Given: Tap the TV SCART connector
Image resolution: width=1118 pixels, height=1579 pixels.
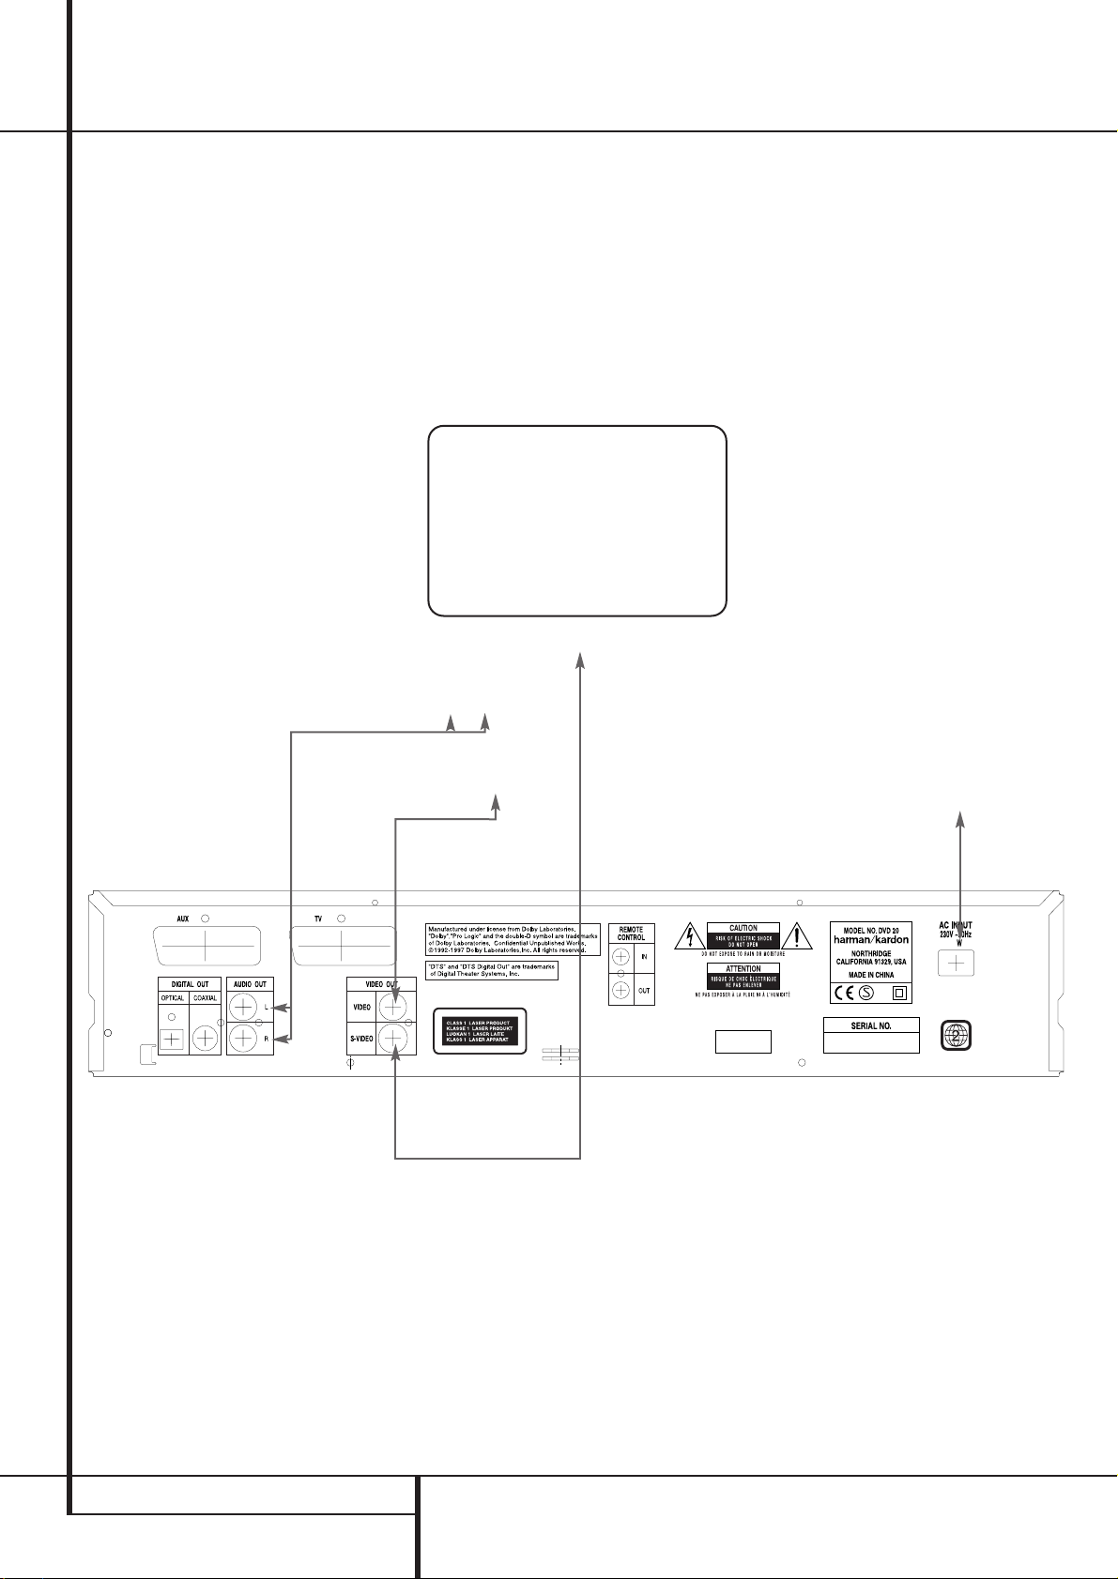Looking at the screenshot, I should click(x=342, y=948).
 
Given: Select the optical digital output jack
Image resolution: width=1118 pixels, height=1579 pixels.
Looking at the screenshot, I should click(x=172, y=1039).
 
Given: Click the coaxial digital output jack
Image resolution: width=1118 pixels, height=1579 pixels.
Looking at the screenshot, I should click(x=205, y=1039).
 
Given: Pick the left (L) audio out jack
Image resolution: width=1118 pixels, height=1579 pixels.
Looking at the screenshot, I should click(x=243, y=1008).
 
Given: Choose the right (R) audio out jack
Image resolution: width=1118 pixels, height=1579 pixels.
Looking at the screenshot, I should click(x=243, y=1038).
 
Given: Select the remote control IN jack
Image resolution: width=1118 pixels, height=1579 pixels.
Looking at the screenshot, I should click(x=620, y=956).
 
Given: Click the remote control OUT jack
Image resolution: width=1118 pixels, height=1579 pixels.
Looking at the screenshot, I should click(x=620, y=990).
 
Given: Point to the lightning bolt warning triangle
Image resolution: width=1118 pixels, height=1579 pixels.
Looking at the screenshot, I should click(x=688, y=936).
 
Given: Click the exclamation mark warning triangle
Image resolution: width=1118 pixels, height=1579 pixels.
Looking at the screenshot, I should click(x=797, y=934).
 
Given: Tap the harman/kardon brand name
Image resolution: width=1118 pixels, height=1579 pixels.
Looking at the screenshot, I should click(x=871, y=939).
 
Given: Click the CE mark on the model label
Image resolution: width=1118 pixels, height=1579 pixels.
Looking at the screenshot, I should click(x=841, y=994).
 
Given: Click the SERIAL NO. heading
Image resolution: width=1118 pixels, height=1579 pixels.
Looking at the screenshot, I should click(x=871, y=1025).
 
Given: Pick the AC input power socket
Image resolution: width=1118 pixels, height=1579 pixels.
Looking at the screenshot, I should click(x=956, y=963).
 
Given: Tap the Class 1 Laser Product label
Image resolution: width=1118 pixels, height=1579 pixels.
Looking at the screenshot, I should click(x=479, y=1031).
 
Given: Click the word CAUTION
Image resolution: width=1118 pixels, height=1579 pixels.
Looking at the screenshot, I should click(x=743, y=928).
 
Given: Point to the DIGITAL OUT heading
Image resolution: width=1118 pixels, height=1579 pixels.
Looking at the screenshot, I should click(x=190, y=984).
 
